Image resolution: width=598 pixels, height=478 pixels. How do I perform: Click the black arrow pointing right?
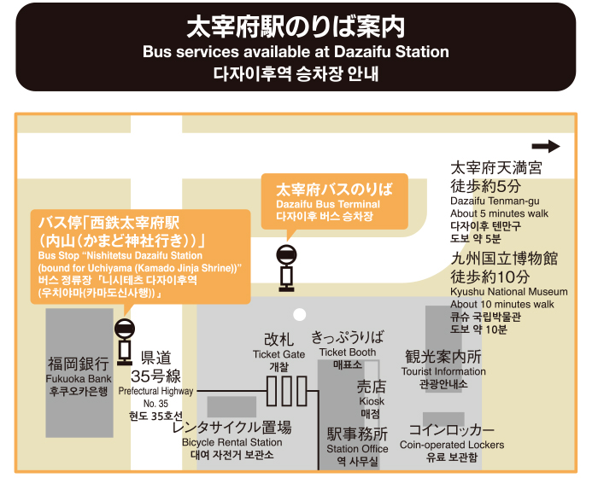click(546, 147)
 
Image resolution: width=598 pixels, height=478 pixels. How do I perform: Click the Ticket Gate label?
click(278, 354)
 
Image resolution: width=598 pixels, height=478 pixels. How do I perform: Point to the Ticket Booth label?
click(348, 353)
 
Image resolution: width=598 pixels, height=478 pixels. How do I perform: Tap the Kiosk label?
click(372, 401)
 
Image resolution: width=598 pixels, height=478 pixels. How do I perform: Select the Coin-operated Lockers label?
click(452, 445)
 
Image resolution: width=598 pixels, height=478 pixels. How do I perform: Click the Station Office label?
click(357, 449)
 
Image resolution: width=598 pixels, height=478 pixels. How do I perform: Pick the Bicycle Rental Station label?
click(232, 442)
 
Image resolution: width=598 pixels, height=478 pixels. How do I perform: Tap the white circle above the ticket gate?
click(299, 315)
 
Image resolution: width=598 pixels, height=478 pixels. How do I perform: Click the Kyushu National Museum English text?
click(509, 292)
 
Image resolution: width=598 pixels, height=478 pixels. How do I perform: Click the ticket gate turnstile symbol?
click(286, 390)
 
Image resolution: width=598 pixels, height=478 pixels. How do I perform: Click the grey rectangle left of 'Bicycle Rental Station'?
click(232, 406)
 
